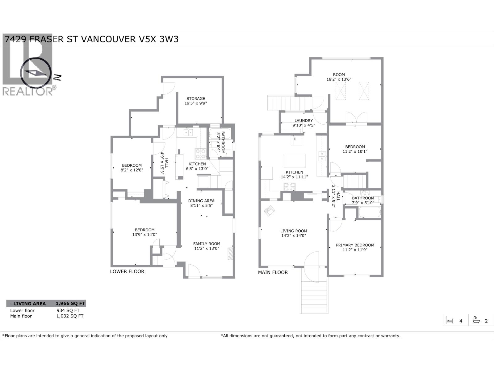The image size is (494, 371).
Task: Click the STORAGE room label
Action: pos(195,99)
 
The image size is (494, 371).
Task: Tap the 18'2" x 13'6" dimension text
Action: pos(339,79)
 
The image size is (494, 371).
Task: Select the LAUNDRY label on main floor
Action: pos(304,121)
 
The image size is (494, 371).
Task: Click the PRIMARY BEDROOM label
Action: pos(355,245)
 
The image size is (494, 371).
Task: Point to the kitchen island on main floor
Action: pos(295,161)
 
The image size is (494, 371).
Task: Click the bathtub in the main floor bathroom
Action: pos(369,212)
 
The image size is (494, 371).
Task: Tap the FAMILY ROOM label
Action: pos(207,244)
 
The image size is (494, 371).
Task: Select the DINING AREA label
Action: pos(201,201)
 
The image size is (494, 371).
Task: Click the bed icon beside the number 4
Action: pos(449,321)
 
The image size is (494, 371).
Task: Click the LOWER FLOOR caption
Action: pos(127,271)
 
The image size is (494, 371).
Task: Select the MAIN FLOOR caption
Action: pos(273,272)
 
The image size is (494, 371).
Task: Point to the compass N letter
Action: pos(57,77)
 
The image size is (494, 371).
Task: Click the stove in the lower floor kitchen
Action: pos(200,153)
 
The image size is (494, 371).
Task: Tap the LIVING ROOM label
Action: pos(294,231)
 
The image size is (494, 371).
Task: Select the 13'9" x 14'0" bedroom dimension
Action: pos(144,235)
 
